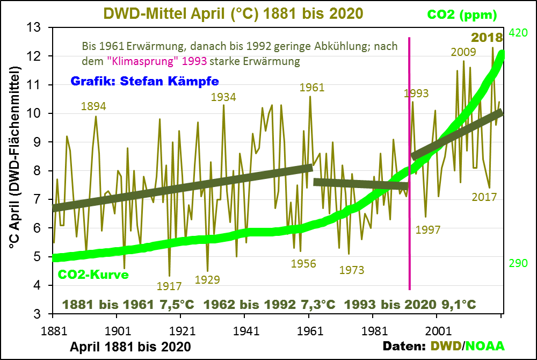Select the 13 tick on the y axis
coord(39,27)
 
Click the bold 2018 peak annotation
coord(487,38)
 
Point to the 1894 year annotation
coord(93,106)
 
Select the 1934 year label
coord(223,97)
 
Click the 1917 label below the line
coord(169,286)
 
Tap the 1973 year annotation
coord(352,270)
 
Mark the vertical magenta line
coord(410,161)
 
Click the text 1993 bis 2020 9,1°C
coord(410,304)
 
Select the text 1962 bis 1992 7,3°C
coord(270,304)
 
